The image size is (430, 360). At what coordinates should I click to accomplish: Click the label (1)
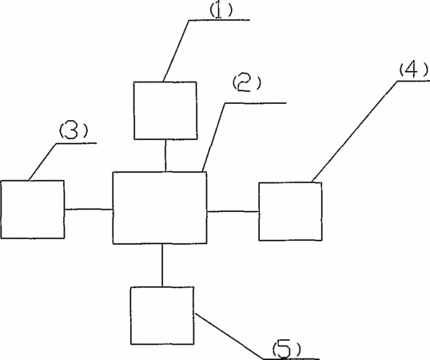tap(221, 11)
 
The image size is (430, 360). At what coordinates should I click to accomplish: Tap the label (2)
tap(247, 83)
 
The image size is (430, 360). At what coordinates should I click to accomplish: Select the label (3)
tap(74, 130)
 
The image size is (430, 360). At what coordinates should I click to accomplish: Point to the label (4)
tap(413, 69)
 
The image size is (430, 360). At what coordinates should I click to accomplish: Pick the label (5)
tap(287, 350)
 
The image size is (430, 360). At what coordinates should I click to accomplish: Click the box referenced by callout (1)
tap(165, 110)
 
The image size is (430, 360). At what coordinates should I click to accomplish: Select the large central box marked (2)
tap(160, 208)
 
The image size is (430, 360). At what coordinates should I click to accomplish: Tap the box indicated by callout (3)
tap(33, 210)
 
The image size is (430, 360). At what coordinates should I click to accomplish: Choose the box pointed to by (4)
tap(290, 211)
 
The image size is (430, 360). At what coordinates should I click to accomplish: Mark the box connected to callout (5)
tap(162, 315)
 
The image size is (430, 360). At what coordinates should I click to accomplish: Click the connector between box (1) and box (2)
tap(165, 155)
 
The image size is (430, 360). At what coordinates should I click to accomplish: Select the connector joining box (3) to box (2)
tap(89, 210)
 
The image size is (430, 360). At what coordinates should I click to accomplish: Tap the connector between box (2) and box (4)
tap(233, 211)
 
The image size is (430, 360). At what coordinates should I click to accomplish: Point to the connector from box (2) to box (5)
tap(162, 266)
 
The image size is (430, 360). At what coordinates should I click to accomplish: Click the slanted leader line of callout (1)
tap(176, 50)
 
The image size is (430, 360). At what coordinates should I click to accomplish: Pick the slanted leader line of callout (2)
tap(214, 138)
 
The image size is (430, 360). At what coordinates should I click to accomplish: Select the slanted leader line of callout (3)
tap(42, 162)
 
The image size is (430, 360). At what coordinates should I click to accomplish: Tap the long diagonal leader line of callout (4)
tap(355, 131)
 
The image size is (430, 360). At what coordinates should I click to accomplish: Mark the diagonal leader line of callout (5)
tap(229, 336)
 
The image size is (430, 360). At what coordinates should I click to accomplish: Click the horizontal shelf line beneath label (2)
tap(256, 103)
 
